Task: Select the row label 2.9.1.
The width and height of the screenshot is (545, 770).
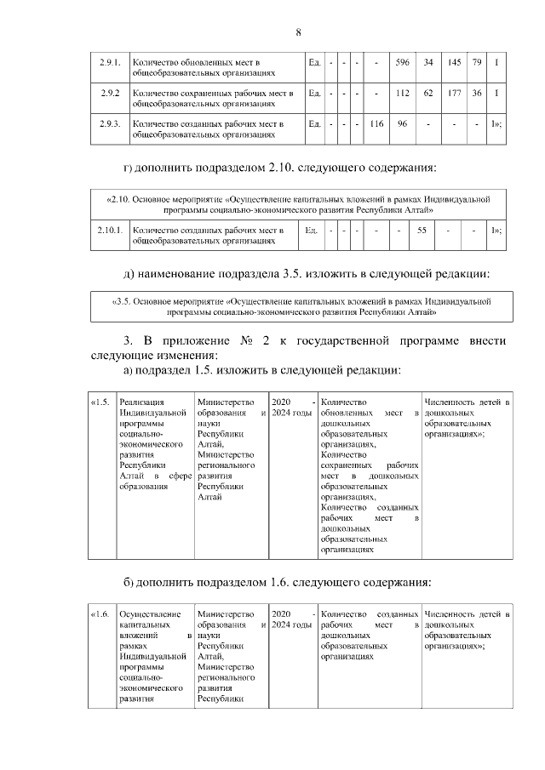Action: (x=108, y=62)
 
